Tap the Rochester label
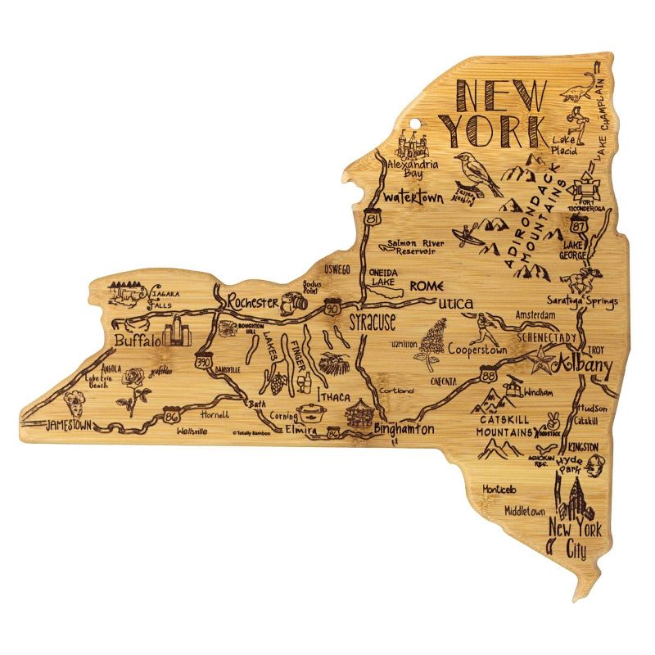pos(252,302)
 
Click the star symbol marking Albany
pos(542,356)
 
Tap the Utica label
pos(455,305)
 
